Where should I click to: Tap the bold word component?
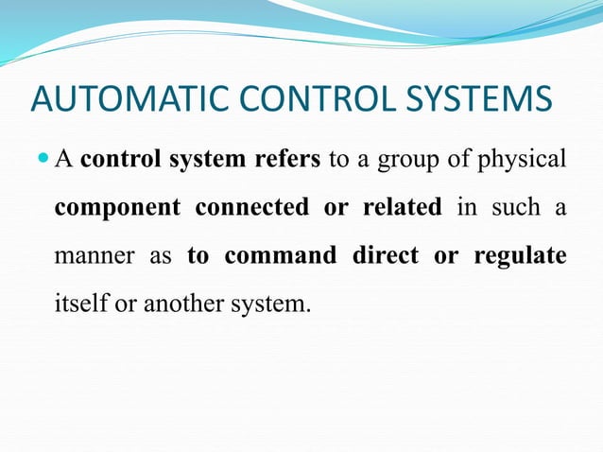pos(115,207)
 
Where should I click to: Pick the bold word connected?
pos(252,207)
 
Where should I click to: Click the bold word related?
pos(401,207)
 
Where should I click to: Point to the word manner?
pos(93,256)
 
